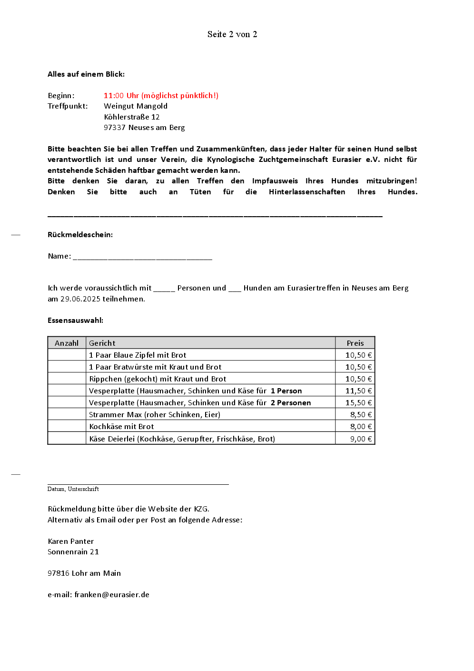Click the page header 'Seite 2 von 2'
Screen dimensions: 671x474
tap(232, 34)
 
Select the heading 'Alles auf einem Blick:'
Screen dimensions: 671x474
tap(86, 74)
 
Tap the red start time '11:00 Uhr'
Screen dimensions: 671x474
tap(121, 96)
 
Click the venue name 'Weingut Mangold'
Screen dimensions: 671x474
tap(136, 106)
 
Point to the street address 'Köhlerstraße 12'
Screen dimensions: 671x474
tap(132, 117)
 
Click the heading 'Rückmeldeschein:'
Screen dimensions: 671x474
tap(80, 235)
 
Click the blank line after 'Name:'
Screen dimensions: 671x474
tap(142, 257)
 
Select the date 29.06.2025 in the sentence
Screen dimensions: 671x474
tap(80, 299)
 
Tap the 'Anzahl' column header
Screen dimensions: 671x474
tap(67, 343)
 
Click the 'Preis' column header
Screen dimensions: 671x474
tap(355, 343)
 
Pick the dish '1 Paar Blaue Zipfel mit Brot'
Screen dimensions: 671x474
tap(138, 355)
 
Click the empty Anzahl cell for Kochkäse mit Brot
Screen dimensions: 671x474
tap(67, 427)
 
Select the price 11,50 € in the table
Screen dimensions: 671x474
tap(358, 391)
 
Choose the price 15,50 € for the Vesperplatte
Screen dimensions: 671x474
tap(358, 403)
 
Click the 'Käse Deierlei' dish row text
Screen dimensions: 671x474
tap(182, 439)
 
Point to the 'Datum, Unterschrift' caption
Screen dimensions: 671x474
tap(73, 489)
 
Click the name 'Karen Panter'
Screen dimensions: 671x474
tap(71, 541)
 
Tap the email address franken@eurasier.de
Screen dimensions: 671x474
tap(112, 595)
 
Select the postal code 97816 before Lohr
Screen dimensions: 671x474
tap(59, 573)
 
